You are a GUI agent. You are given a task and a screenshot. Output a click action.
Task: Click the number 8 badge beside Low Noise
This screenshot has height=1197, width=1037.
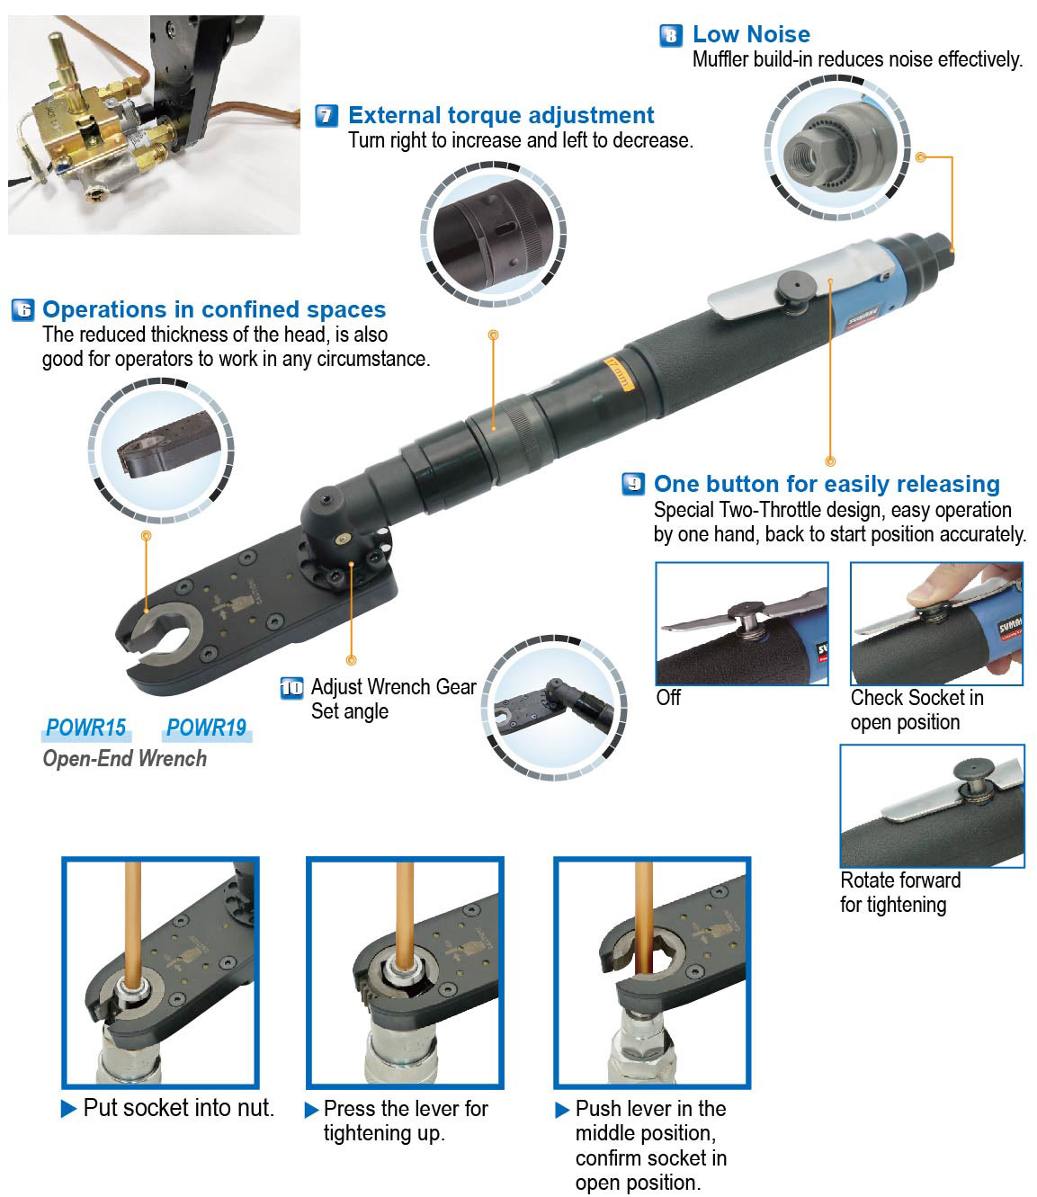(x=670, y=36)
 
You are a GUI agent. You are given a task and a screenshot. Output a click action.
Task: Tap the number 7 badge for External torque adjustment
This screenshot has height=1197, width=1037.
(x=326, y=116)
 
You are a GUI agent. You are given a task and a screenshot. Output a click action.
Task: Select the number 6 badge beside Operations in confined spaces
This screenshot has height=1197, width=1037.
(x=22, y=310)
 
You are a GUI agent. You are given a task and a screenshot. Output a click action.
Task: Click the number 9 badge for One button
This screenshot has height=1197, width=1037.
(x=633, y=485)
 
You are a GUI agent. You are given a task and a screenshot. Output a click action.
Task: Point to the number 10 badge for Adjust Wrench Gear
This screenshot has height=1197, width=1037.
(x=291, y=688)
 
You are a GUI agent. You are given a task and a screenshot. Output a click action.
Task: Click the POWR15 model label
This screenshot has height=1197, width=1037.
(x=86, y=728)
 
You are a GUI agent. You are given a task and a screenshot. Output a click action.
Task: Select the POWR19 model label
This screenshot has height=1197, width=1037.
(x=207, y=728)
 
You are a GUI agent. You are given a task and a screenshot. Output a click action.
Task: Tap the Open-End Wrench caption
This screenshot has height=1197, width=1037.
(x=125, y=759)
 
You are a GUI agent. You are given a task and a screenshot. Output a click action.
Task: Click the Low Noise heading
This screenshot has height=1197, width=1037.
(x=751, y=35)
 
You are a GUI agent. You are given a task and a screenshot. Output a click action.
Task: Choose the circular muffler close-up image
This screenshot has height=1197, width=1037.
(x=837, y=148)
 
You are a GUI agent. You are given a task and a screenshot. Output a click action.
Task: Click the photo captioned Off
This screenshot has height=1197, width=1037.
(x=741, y=623)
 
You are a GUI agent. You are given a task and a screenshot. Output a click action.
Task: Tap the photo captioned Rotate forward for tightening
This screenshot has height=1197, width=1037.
(x=932, y=806)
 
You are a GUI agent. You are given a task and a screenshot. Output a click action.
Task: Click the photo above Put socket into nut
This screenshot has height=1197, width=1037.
(x=160, y=972)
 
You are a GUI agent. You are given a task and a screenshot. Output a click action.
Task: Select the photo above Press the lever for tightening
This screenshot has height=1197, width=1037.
(x=405, y=972)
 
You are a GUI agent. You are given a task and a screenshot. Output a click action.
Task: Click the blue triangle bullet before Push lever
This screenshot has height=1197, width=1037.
(x=562, y=1110)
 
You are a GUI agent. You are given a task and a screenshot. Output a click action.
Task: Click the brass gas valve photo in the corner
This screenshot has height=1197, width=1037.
(x=154, y=125)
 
